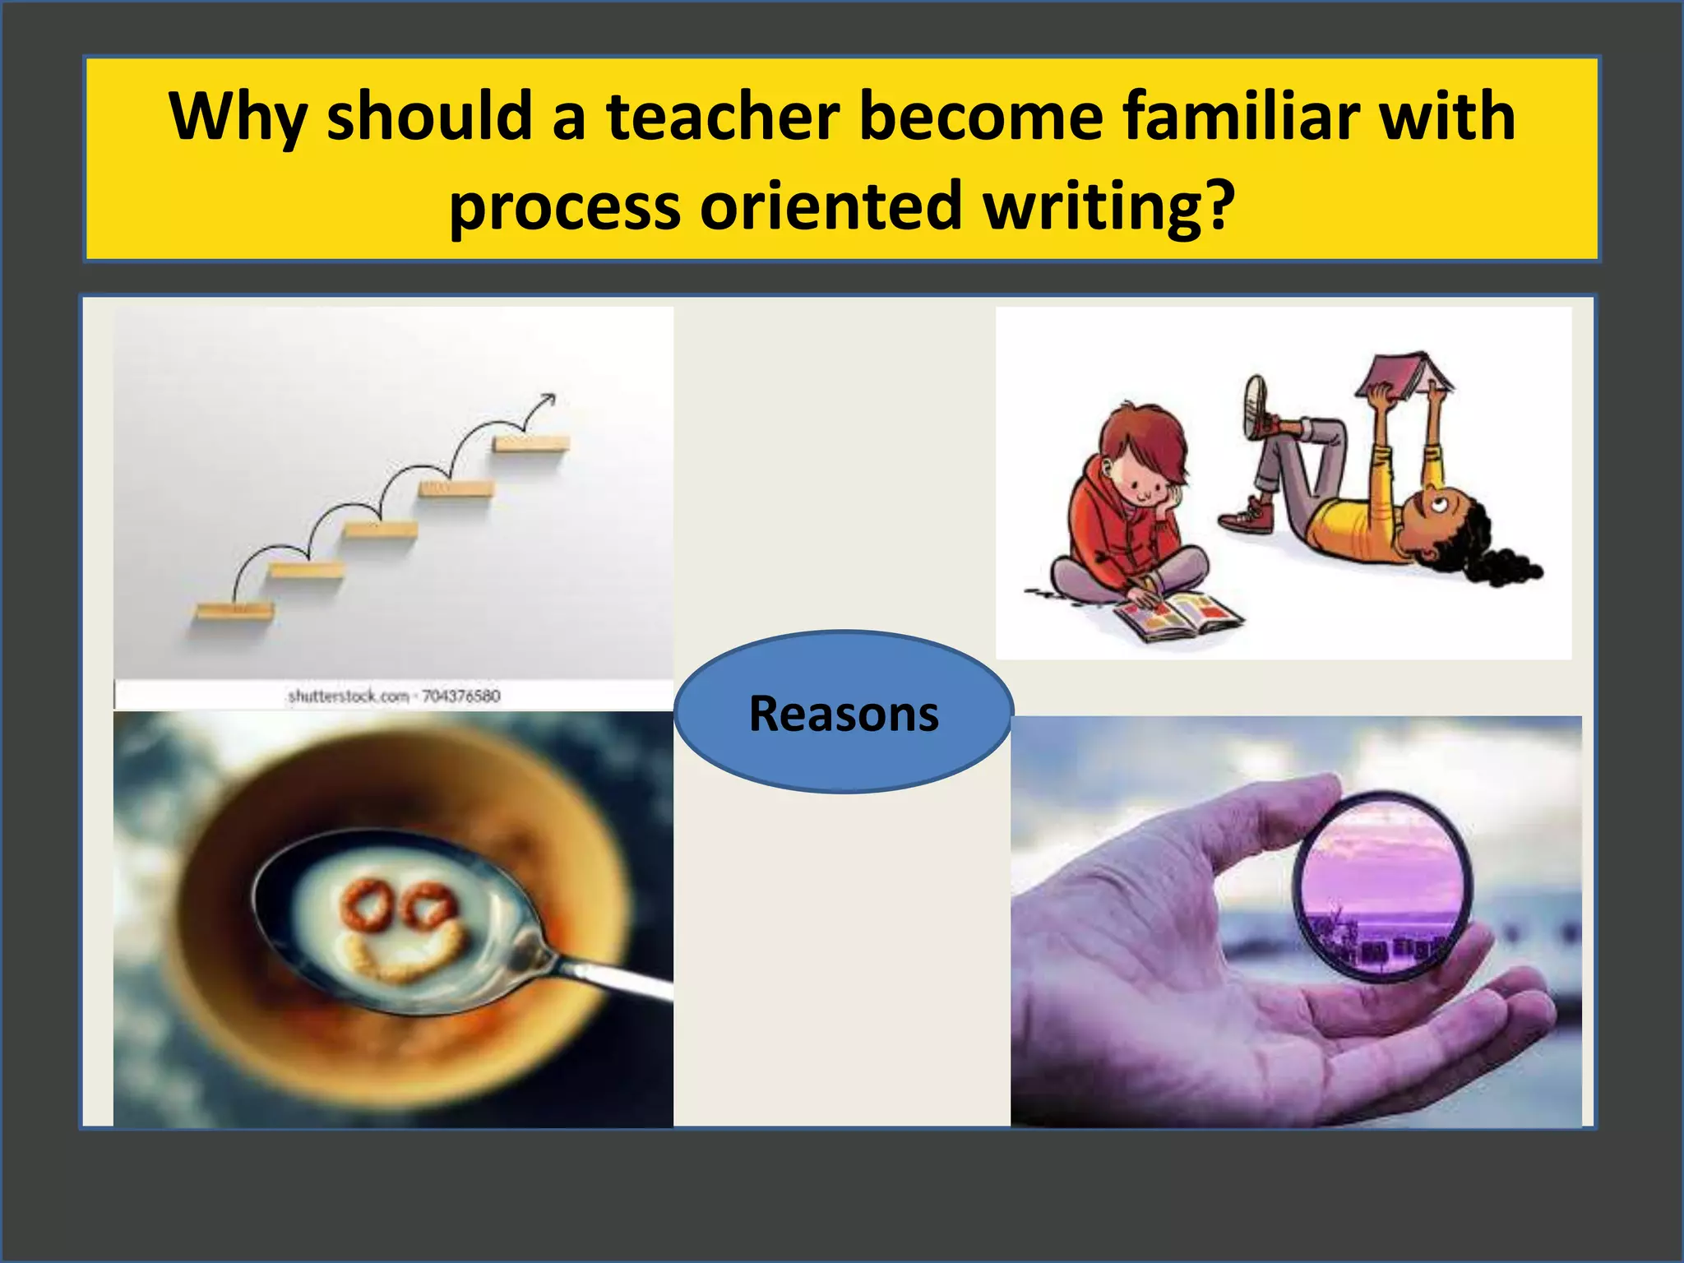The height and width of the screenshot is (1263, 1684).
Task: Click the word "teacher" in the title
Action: click(723, 117)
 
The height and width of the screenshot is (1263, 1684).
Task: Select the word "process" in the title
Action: click(564, 206)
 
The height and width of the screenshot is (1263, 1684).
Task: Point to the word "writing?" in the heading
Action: click(1109, 206)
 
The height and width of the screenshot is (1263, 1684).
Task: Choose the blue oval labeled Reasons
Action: click(843, 712)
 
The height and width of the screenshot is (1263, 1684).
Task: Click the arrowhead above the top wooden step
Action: click(545, 400)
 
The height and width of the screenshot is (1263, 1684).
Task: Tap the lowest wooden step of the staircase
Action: click(234, 611)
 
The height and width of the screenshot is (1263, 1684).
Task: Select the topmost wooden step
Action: click(531, 444)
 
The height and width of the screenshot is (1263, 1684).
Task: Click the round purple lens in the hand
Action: click(1382, 886)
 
